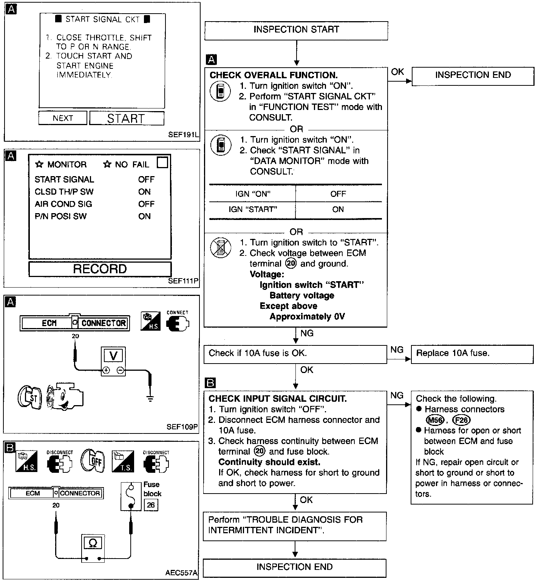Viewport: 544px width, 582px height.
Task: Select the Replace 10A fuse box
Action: tap(472, 354)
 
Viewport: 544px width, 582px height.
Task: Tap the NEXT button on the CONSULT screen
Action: tap(63, 118)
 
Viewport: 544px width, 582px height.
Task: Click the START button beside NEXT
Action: tap(127, 118)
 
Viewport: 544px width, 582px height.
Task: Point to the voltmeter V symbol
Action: tap(113, 356)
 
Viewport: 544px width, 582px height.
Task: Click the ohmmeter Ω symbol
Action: tap(93, 543)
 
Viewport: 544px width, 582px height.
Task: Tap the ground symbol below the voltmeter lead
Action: tap(150, 398)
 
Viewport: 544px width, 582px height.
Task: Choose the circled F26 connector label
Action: tap(461, 420)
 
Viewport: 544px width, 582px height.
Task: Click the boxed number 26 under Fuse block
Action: tap(151, 505)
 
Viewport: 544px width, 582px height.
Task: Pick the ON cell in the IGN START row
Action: tap(338, 209)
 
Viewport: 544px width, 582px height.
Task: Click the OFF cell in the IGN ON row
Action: tap(338, 194)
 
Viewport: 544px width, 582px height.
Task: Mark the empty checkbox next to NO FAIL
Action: tap(162, 163)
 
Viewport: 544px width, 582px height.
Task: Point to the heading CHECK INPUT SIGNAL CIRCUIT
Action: tap(278, 399)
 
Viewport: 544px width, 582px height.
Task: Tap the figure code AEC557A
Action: tap(181, 573)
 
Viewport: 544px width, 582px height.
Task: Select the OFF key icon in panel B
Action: tap(92, 460)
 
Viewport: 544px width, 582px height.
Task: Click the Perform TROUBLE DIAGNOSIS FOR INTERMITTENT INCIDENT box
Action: tap(295, 525)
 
